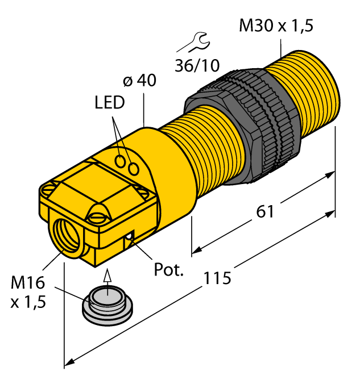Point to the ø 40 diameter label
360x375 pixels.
coord(139,81)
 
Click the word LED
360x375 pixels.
coord(110,103)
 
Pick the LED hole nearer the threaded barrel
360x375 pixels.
coord(135,169)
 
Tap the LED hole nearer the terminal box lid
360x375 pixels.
coord(122,162)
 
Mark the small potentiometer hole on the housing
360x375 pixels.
coord(130,236)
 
